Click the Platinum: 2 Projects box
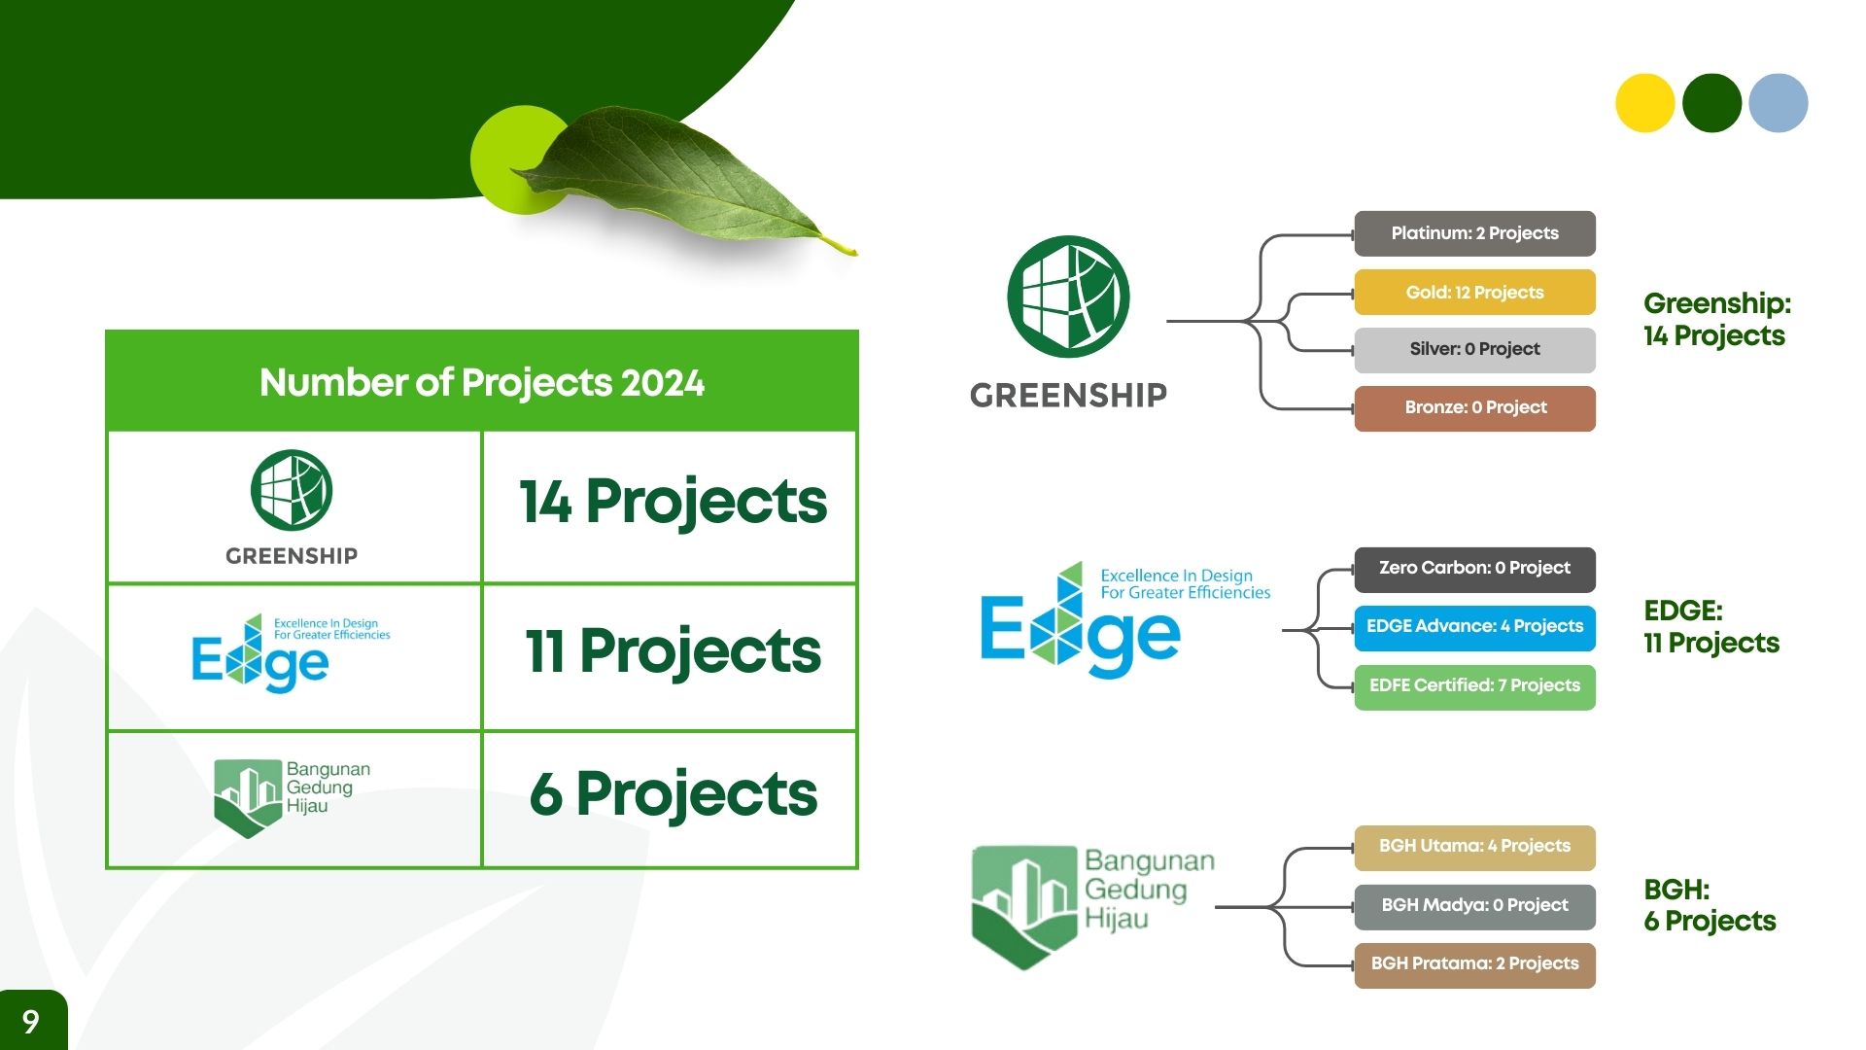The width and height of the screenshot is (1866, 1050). (x=1474, y=233)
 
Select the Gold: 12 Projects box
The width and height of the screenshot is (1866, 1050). (x=1474, y=292)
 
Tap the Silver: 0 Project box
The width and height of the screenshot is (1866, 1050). (x=1474, y=350)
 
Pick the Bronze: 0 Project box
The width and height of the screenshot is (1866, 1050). (x=1474, y=408)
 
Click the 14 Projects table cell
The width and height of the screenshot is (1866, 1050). (x=670, y=507)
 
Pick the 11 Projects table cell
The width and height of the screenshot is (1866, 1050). (x=670, y=656)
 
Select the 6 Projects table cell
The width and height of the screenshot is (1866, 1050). (x=670, y=799)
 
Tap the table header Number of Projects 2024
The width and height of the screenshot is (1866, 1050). (x=482, y=382)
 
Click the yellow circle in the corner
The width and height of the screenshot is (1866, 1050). (x=1644, y=103)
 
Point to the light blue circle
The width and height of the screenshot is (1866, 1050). (x=1778, y=103)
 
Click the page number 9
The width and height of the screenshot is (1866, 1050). (x=31, y=1021)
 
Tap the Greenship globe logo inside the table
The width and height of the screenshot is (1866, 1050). (x=292, y=489)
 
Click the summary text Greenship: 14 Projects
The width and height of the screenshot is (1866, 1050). (x=1716, y=319)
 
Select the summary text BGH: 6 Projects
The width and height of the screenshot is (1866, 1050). (x=1710, y=905)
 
